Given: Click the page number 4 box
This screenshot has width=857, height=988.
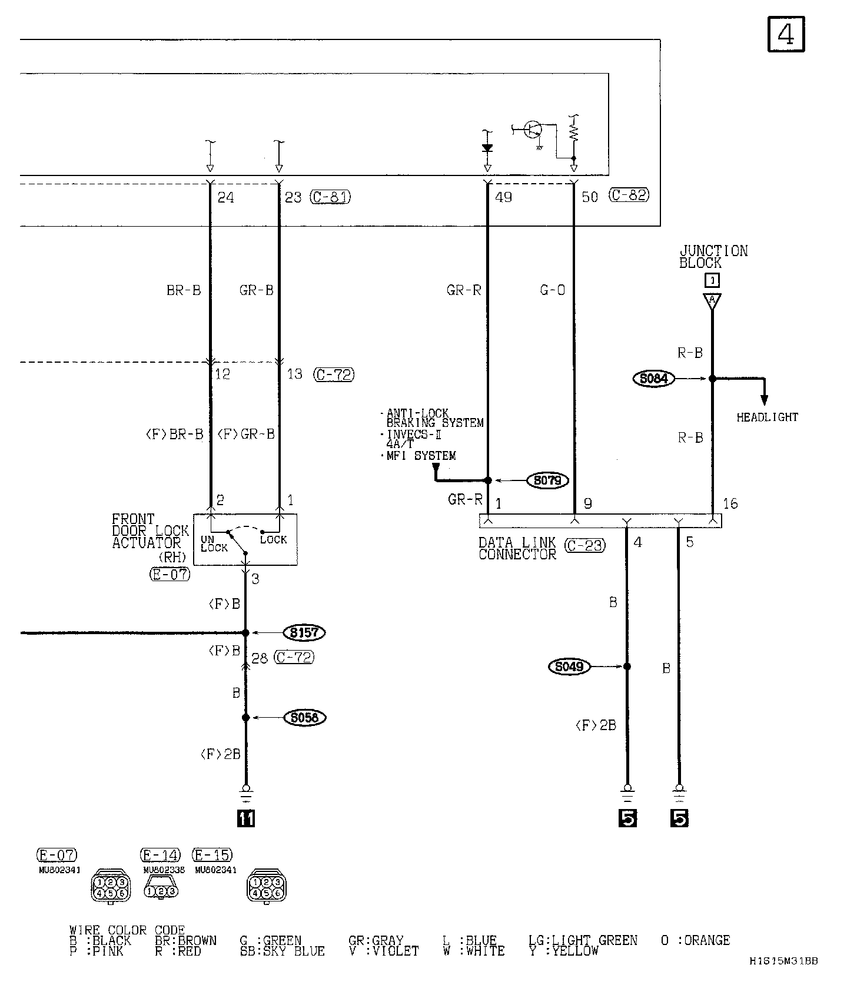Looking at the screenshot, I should pyautogui.click(x=786, y=35).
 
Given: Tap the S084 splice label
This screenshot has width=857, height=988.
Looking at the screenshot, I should pyautogui.click(x=653, y=379).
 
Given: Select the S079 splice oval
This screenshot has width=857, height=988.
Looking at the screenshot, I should pyautogui.click(x=547, y=480).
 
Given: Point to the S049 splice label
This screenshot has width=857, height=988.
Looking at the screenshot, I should pyautogui.click(x=569, y=667).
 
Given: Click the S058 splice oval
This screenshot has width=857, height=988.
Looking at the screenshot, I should pyautogui.click(x=304, y=718).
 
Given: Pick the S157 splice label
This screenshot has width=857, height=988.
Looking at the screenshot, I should pyautogui.click(x=304, y=633).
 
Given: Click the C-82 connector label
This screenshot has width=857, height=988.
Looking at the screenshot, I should pyautogui.click(x=629, y=195).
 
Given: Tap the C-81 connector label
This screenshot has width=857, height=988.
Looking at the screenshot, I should pyautogui.click(x=330, y=197).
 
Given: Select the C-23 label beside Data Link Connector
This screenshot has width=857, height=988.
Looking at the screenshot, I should pyautogui.click(x=585, y=546).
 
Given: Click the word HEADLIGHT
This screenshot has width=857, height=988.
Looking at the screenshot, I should pyautogui.click(x=768, y=417).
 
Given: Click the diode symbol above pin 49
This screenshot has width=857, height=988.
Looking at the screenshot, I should pyautogui.click(x=487, y=148).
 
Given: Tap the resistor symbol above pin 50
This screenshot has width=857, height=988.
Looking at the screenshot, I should pyautogui.click(x=574, y=132).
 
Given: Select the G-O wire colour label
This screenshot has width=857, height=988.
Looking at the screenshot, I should pyautogui.click(x=552, y=290).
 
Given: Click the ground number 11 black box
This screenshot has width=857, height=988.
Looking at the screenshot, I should pyautogui.click(x=245, y=818).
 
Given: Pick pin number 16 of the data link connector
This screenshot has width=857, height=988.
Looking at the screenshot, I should pyautogui.click(x=730, y=503).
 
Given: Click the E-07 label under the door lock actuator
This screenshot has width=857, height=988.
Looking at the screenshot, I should pyautogui.click(x=170, y=574).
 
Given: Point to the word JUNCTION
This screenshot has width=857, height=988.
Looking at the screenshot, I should pyautogui.click(x=713, y=251).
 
